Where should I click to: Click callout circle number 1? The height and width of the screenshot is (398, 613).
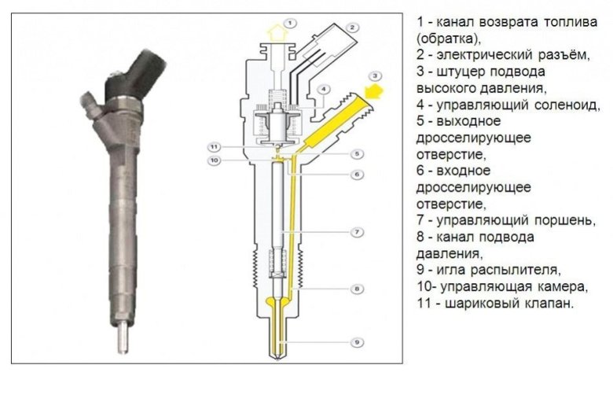[291, 23]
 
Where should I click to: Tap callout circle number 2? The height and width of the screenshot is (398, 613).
[353, 28]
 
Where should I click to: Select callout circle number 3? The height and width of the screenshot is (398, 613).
[376, 76]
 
